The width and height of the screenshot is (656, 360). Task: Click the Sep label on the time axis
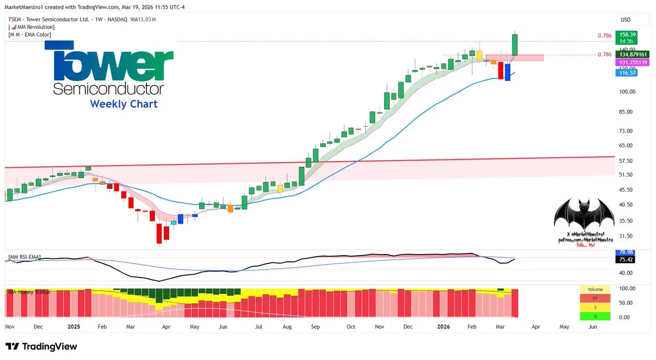click(x=315, y=327)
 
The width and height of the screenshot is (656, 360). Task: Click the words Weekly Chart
click(x=124, y=104)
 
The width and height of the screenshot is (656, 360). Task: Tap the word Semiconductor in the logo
click(x=109, y=88)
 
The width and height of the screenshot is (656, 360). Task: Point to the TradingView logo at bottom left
click(x=42, y=346)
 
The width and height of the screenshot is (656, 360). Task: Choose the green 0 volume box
click(x=595, y=316)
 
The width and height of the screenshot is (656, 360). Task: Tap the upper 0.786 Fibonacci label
click(x=605, y=36)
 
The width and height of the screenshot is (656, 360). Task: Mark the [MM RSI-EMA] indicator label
click(x=24, y=257)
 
